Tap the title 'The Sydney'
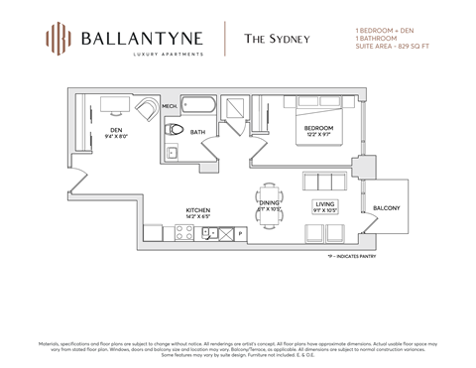[278, 40]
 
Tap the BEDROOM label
[318, 129]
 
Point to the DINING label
[270, 203]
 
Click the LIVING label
[326, 203]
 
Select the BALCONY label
[387, 208]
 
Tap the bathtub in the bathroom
[199, 108]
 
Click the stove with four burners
[184, 233]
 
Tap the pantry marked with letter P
[240, 234]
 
